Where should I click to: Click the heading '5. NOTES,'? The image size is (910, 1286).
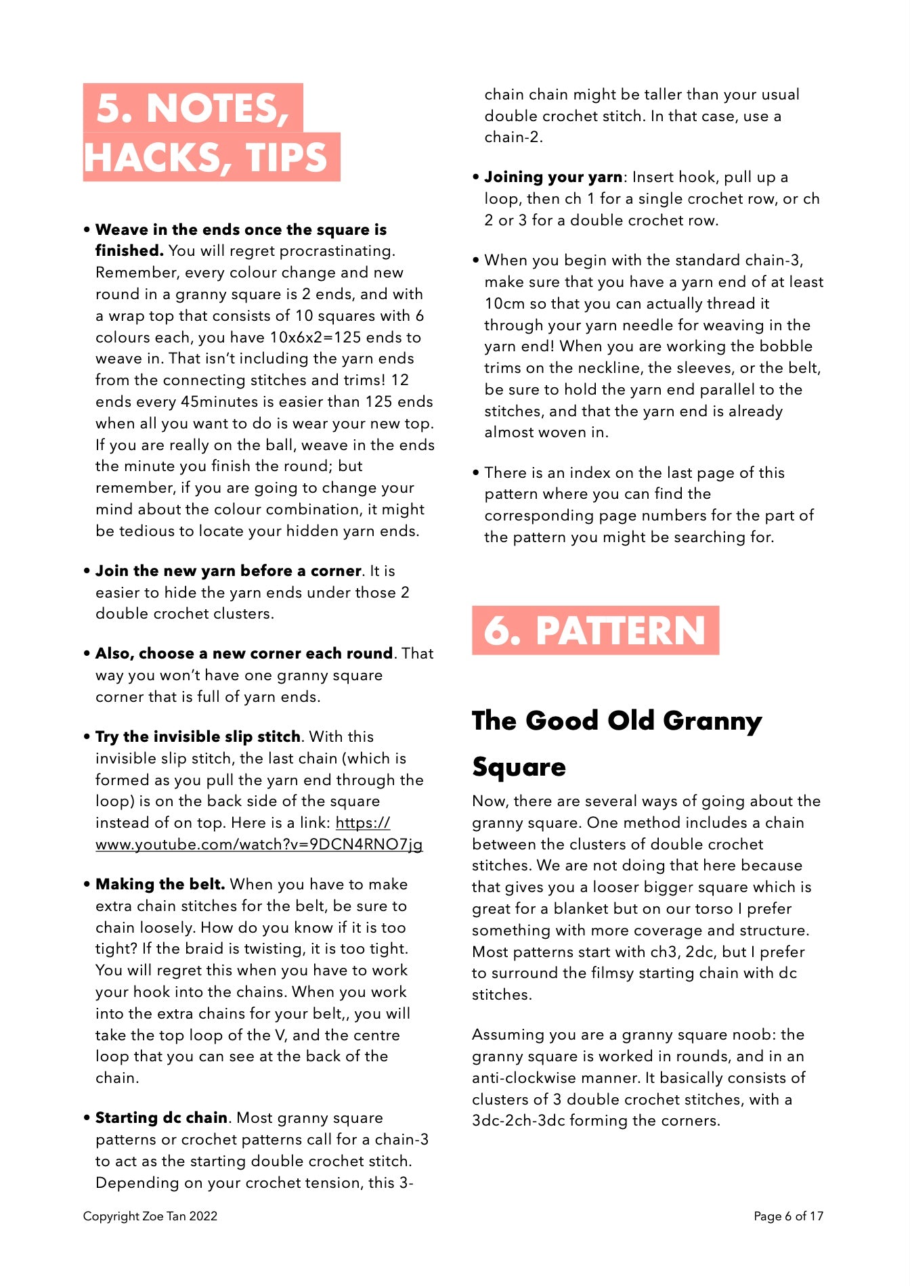(x=193, y=108)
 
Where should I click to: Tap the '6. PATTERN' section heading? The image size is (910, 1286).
(x=594, y=631)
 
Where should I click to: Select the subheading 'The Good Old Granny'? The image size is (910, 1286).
(x=616, y=721)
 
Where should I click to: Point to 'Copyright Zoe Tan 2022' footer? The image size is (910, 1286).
(x=150, y=1216)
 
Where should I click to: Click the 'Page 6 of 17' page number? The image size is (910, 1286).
(x=788, y=1216)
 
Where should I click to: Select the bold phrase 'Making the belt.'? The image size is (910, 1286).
(x=160, y=884)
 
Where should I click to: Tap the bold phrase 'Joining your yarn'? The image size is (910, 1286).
(x=552, y=177)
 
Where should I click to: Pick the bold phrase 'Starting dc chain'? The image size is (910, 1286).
(x=161, y=1117)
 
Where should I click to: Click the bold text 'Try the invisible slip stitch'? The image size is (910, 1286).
(x=198, y=736)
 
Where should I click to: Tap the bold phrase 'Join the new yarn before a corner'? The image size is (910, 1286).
(x=227, y=571)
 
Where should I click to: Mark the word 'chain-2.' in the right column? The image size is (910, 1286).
(x=513, y=137)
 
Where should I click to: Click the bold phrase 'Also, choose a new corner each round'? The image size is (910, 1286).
(x=244, y=653)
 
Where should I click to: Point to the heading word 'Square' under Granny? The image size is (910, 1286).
(x=519, y=767)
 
